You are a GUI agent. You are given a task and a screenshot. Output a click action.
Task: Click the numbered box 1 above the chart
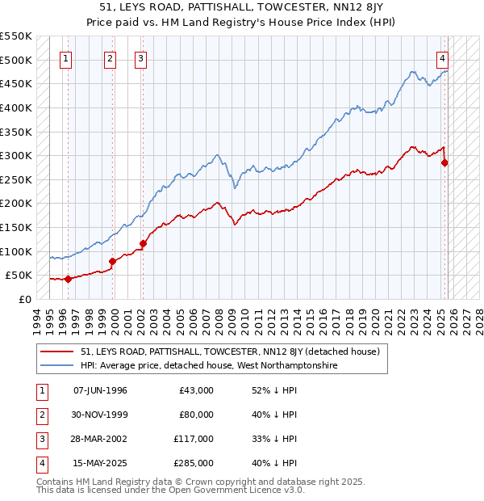tap(65, 58)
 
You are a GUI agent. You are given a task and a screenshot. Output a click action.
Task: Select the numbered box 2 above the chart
tap(110, 58)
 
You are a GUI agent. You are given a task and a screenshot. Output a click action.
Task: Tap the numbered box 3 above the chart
tap(140, 58)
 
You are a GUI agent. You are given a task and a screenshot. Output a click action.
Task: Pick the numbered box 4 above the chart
tap(443, 58)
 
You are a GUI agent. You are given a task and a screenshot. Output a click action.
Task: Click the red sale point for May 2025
tap(444, 162)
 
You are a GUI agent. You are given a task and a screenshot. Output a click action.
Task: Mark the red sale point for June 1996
tap(68, 279)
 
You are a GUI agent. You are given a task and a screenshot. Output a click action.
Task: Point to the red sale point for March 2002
tap(143, 243)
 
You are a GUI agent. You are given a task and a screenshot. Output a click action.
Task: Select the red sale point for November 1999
tap(112, 261)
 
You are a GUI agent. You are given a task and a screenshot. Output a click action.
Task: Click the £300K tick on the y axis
tap(16, 155)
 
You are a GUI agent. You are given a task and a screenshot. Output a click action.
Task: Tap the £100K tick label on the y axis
tap(16, 251)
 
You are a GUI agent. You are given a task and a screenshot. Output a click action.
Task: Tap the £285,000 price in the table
tap(196, 463)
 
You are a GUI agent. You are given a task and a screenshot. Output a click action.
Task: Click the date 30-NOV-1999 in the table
tap(100, 415)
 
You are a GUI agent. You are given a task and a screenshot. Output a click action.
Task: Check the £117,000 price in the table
tap(196, 439)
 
